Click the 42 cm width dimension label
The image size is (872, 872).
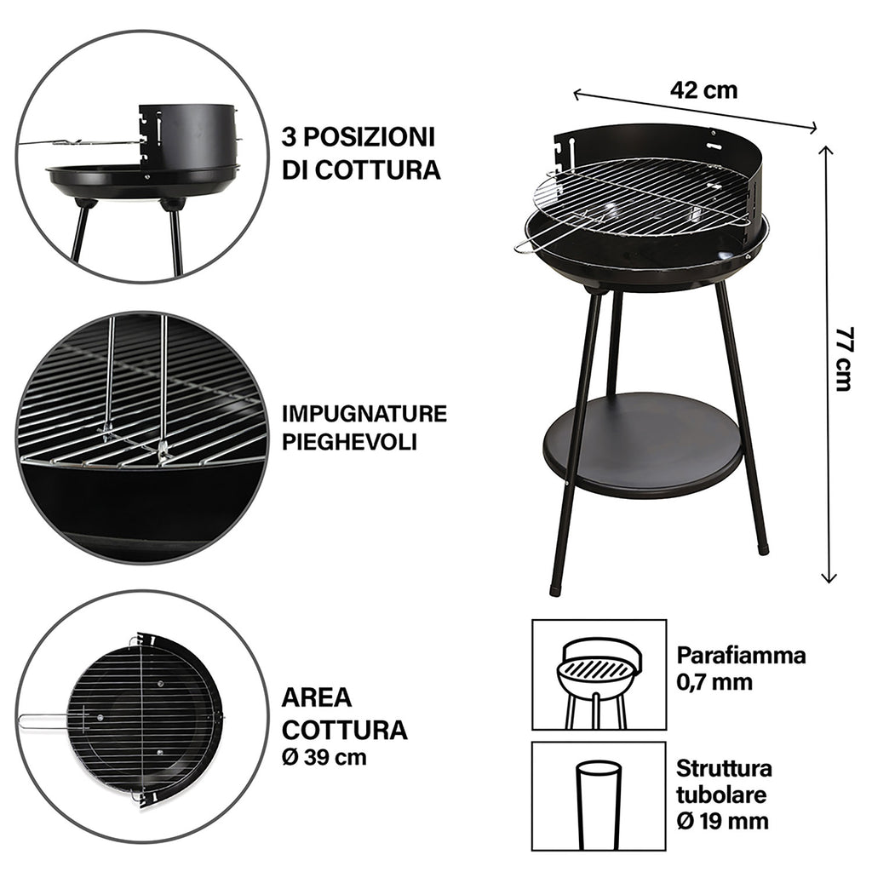tap(704, 90)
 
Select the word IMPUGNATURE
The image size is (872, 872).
tap(364, 414)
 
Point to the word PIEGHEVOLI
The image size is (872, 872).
tap(349, 442)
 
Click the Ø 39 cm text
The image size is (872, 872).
tap(324, 757)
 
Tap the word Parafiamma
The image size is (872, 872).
tap(741, 656)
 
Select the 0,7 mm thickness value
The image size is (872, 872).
tap(714, 682)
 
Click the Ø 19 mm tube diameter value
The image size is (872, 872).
tap(722, 820)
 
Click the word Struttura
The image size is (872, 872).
tap(724, 769)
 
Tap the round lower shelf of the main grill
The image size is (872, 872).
tap(643, 445)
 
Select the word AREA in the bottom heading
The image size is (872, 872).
tap(317, 697)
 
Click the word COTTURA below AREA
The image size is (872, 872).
tap(345, 729)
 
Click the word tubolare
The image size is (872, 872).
tap(721, 795)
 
